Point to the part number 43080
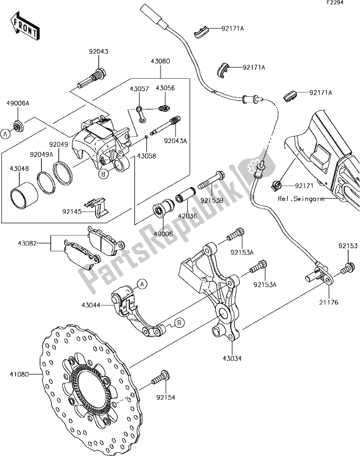(161, 62)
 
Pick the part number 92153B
(211, 200)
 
